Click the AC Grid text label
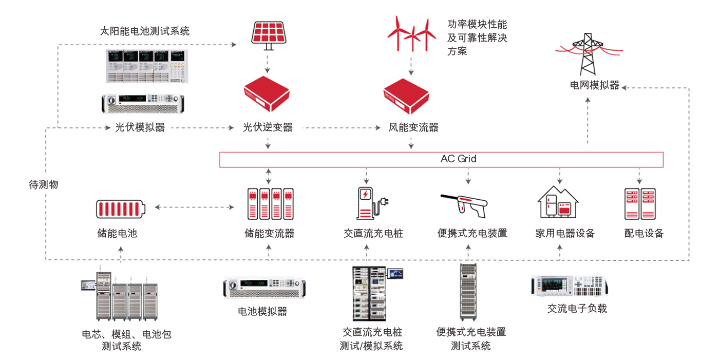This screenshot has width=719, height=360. click(x=458, y=159)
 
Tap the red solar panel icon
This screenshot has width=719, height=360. click(x=269, y=35)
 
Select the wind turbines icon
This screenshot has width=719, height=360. click(x=412, y=34)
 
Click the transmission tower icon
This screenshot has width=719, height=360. click(x=589, y=54)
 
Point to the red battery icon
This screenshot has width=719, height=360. click(x=121, y=209)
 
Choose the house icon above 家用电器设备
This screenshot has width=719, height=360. click(x=558, y=202)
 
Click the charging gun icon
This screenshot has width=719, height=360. click(x=464, y=205)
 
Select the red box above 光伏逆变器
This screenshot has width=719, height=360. click(x=267, y=93)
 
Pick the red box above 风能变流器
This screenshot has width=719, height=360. click(x=407, y=96)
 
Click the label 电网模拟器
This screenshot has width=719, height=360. click(x=595, y=85)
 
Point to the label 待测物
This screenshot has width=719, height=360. click(x=44, y=184)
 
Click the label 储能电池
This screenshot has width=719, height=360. click(x=117, y=233)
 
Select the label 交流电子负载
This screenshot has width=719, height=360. click(x=577, y=308)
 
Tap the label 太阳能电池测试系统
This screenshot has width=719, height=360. click(x=145, y=31)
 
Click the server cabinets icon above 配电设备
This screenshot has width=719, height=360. click(x=640, y=204)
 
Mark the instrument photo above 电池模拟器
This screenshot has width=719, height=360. click(x=264, y=288)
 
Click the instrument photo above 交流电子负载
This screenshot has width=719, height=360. click(x=570, y=286)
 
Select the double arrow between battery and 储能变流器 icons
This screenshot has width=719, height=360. click(x=194, y=207)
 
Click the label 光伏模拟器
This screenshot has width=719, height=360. click(x=140, y=127)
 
